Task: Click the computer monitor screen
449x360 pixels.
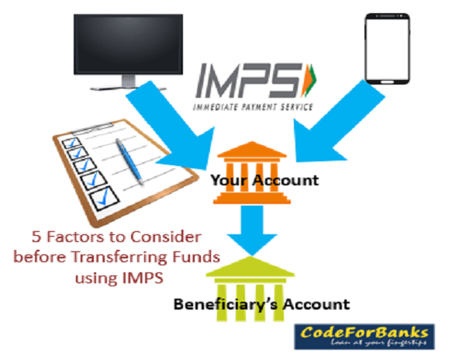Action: pyautogui.click(x=128, y=44)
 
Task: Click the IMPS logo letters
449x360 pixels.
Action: pyautogui.click(x=249, y=81)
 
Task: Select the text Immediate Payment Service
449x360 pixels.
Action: pyautogui.click(x=253, y=107)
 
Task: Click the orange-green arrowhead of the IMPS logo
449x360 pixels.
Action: pyautogui.click(x=309, y=80)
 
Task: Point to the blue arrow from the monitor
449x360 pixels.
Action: pyautogui.click(x=171, y=128)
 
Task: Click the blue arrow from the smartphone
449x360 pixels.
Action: pyautogui.click(x=338, y=123)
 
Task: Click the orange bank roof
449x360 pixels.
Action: pyautogui.click(x=252, y=150)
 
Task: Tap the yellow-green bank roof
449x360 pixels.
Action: pyautogui.click(x=250, y=267)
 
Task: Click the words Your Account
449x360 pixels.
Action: pyautogui.click(x=264, y=181)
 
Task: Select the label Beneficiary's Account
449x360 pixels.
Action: pyautogui.click(x=262, y=304)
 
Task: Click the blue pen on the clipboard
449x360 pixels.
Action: pyautogui.click(x=130, y=161)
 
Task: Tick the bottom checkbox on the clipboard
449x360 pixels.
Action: pyautogui.click(x=104, y=199)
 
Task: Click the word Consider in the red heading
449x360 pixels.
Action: pyautogui.click(x=166, y=237)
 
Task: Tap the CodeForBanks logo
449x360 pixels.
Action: pyautogui.click(x=364, y=337)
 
